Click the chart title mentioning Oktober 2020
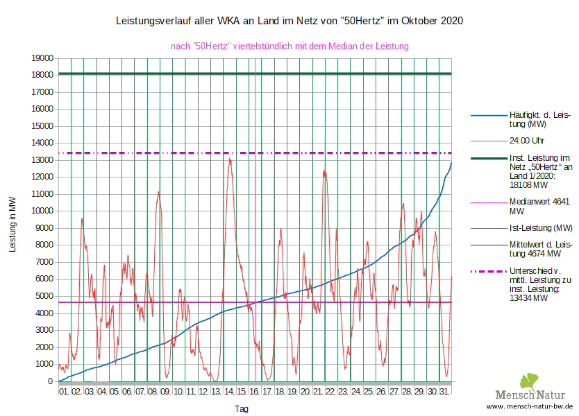point(289,21)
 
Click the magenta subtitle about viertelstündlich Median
point(289,46)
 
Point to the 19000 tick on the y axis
point(42,58)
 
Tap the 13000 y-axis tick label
point(42,160)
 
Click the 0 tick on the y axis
point(51,381)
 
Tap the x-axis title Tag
point(241,409)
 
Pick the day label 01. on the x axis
point(64,392)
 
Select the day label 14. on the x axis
point(229,392)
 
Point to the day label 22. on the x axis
point(330,392)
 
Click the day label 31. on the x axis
point(445,392)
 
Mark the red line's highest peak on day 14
point(230,159)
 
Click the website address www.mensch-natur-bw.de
point(530,406)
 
